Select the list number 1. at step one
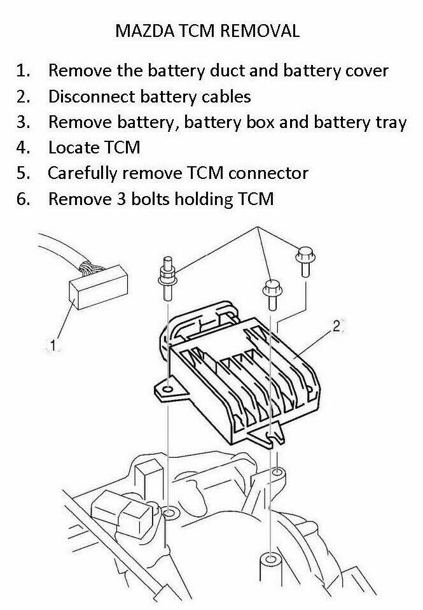pos(24,70)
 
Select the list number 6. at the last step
pos(24,199)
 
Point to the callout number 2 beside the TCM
pos(336,327)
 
